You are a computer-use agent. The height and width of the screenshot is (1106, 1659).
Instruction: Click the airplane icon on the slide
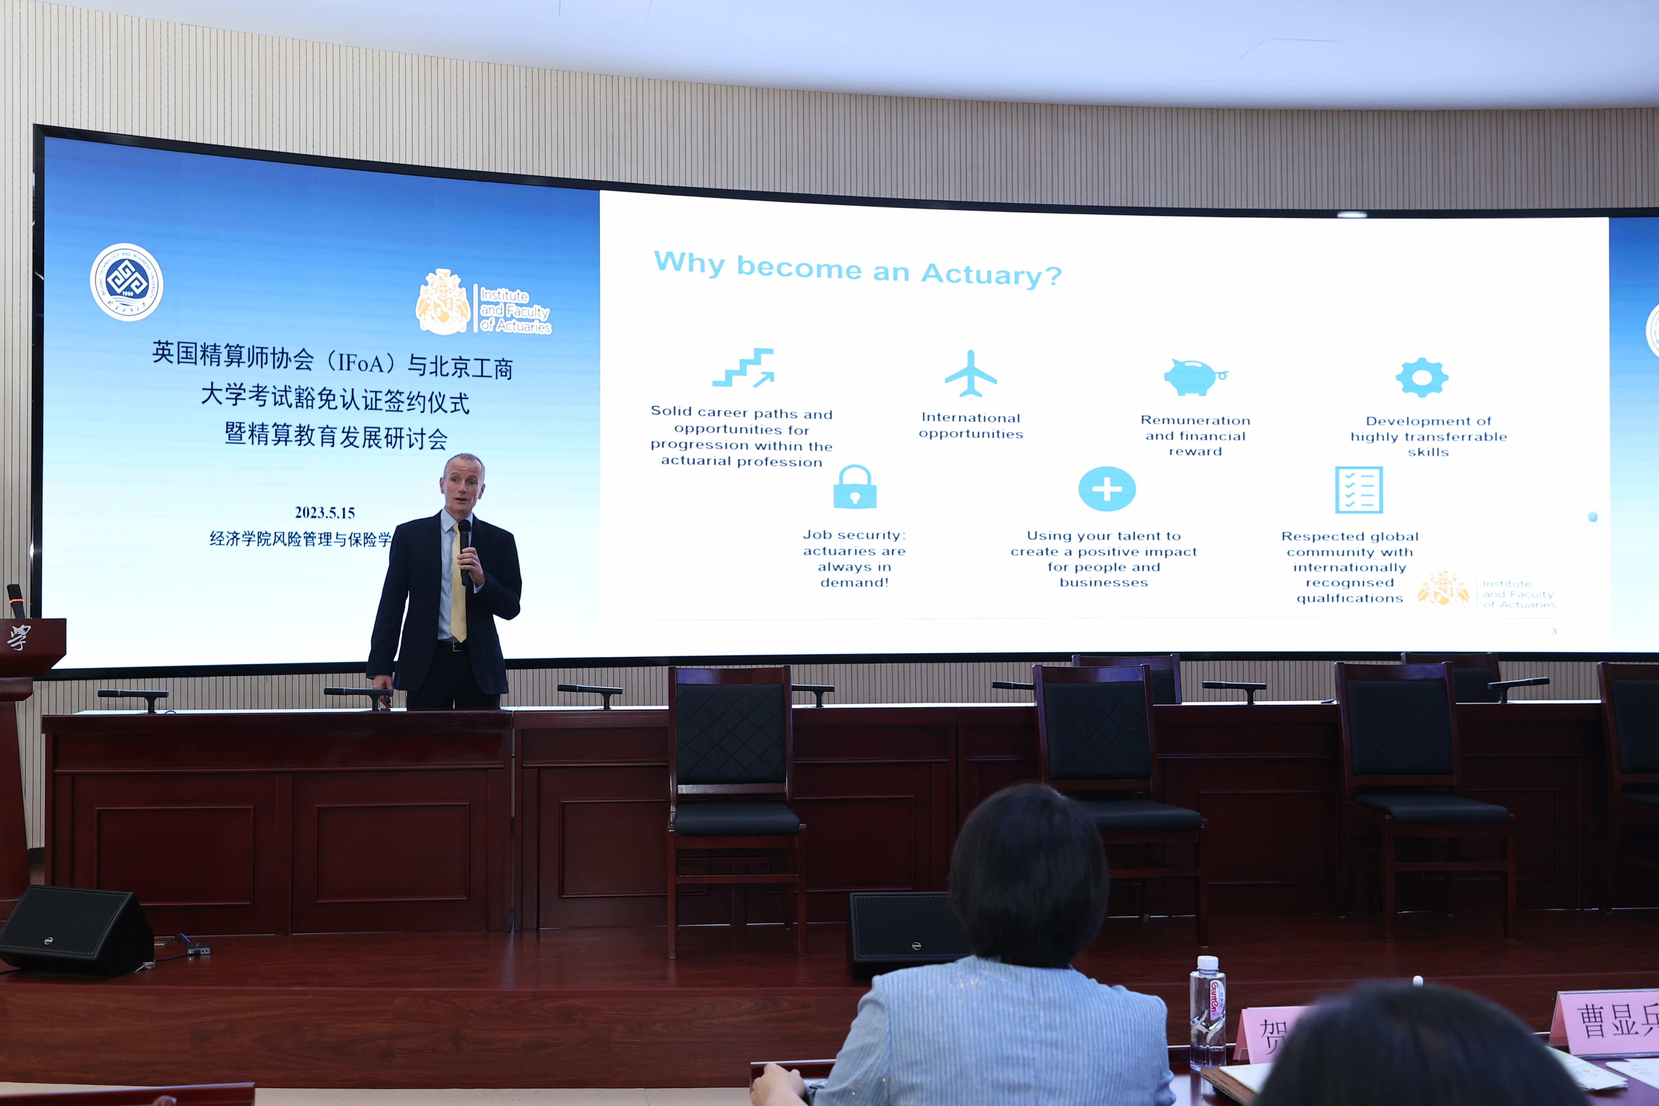click(970, 374)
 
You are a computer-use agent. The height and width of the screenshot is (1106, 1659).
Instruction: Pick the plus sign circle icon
click(1107, 489)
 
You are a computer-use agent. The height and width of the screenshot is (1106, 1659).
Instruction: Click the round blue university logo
click(127, 282)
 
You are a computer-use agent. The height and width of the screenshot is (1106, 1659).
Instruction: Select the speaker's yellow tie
click(458, 585)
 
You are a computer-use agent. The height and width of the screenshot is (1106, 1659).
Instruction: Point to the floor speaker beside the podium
click(74, 931)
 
